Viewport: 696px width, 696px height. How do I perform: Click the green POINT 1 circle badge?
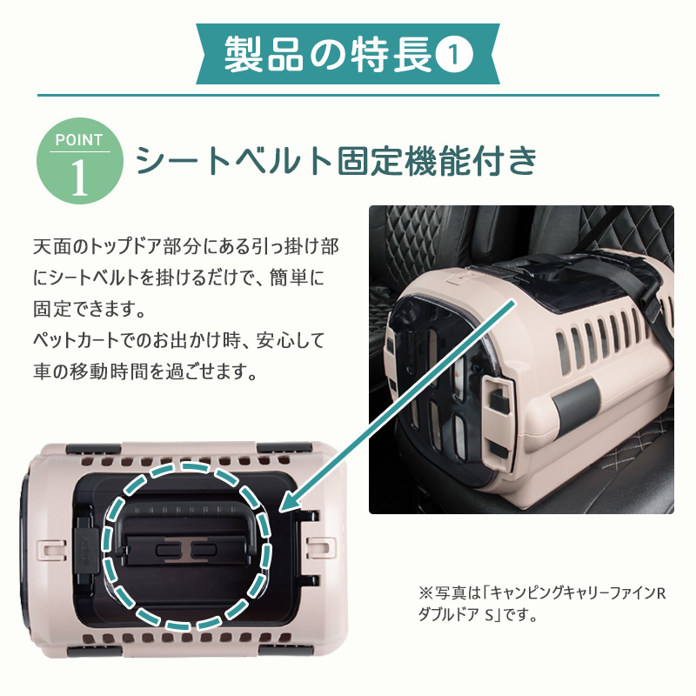click(x=80, y=161)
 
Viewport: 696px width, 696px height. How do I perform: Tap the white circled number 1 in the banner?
click(x=453, y=55)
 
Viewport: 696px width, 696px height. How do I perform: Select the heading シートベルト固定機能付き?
click(x=336, y=161)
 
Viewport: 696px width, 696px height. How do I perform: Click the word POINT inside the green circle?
click(x=79, y=140)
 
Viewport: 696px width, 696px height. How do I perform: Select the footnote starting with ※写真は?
click(x=542, y=604)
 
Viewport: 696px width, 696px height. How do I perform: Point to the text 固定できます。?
click(x=90, y=309)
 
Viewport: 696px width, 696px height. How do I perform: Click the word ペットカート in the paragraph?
click(x=75, y=340)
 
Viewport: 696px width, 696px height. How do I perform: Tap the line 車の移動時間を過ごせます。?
click(x=145, y=371)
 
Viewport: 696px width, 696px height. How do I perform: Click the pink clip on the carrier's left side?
click(x=53, y=550)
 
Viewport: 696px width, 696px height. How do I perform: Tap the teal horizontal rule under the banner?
click(x=348, y=95)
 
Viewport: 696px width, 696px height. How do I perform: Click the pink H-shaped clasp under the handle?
click(x=186, y=550)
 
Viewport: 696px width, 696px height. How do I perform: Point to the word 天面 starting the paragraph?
click(x=52, y=246)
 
